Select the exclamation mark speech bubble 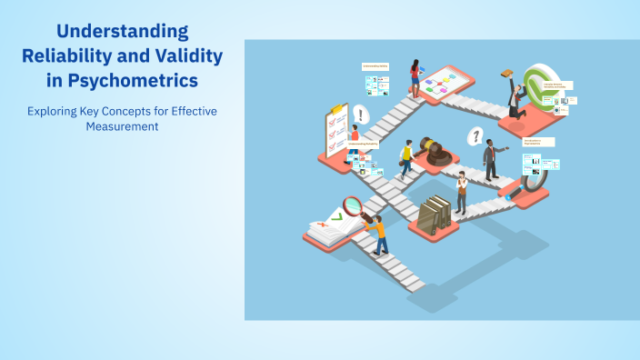(x=361, y=115)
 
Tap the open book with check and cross (x=325, y=227)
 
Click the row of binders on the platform (x=438, y=214)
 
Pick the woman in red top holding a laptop (x=415, y=77)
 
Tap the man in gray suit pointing (x=491, y=159)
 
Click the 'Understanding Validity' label (x=375, y=66)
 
